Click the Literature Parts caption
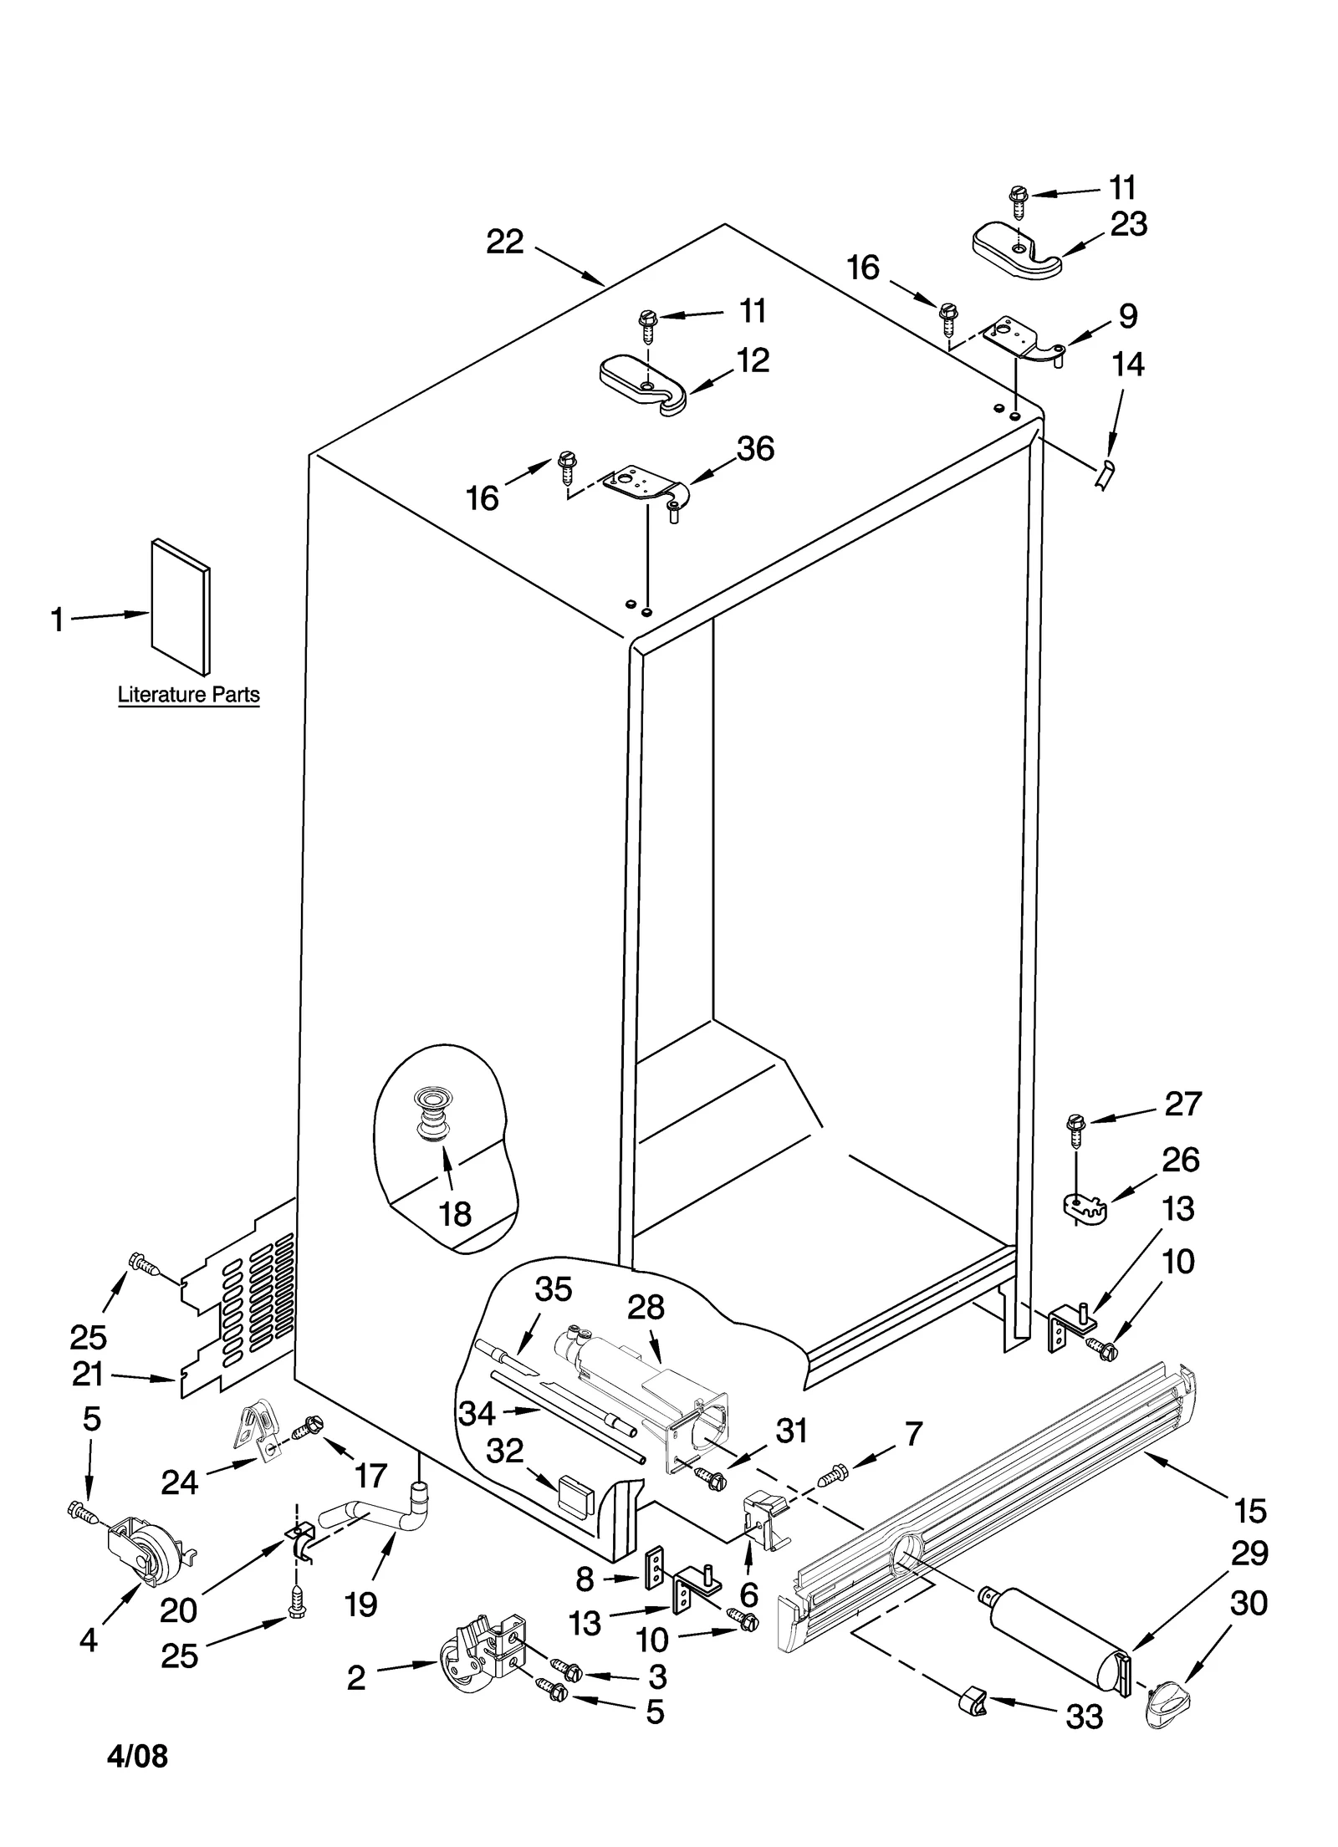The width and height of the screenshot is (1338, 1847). pyautogui.click(x=188, y=694)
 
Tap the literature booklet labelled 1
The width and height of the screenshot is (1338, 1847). pyautogui.click(x=181, y=605)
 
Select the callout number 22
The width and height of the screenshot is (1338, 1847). pyautogui.click(x=505, y=242)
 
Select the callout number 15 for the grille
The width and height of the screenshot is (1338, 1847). pyautogui.click(x=1251, y=1511)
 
